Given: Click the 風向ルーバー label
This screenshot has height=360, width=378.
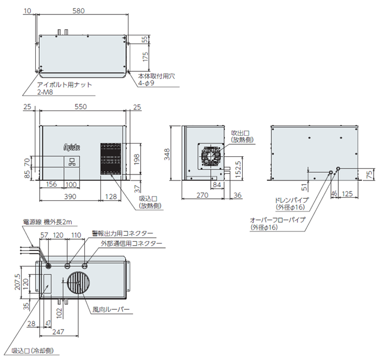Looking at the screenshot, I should (111, 310).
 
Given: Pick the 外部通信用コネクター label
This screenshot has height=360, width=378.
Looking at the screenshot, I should (131, 243).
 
